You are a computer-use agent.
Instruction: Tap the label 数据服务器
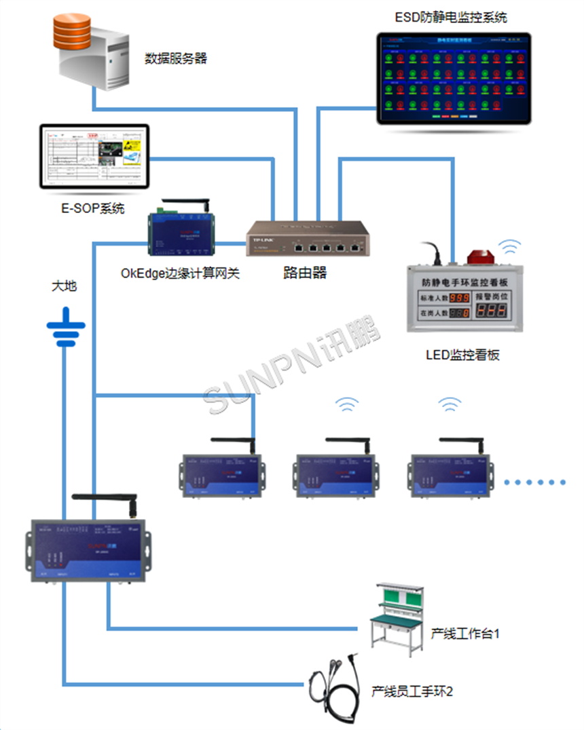[x=176, y=58]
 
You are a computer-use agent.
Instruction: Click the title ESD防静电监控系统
[x=452, y=17]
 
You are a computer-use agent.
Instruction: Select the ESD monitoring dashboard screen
[x=454, y=79]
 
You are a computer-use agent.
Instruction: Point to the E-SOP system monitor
[x=94, y=156]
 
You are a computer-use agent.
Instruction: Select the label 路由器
[x=305, y=273]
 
